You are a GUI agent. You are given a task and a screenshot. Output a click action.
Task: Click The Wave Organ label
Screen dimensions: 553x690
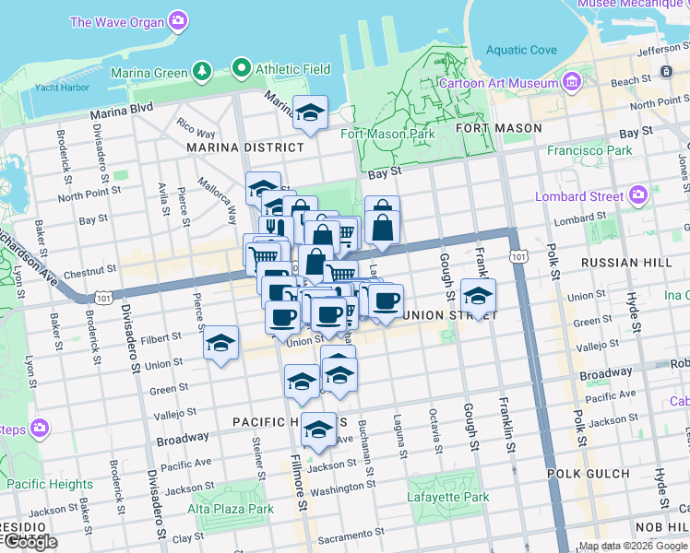point(117,21)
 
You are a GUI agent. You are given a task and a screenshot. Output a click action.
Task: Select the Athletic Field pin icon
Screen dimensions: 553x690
point(242,67)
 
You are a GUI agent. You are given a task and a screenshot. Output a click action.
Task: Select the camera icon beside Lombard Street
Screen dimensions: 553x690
point(637,195)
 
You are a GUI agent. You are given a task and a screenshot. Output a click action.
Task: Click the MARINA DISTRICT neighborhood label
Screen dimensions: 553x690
point(244,147)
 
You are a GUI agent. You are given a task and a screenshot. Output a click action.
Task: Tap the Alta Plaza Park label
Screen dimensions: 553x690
point(231,509)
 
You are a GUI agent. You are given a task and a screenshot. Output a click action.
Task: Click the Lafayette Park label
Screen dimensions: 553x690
point(448,498)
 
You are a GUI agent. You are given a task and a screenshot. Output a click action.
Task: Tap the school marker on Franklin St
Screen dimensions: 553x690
point(478,296)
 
